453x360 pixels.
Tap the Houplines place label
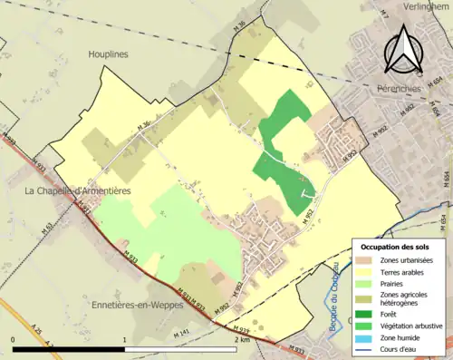click(x=109, y=54)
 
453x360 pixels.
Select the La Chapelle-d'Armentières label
click(x=78, y=191)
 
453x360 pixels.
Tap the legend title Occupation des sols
click(x=395, y=247)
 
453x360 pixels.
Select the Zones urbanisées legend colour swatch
click(x=365, y=260)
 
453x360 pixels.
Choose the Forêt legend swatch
click(x=365, y=308)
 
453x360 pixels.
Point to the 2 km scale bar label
click(x=240, y=338)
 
